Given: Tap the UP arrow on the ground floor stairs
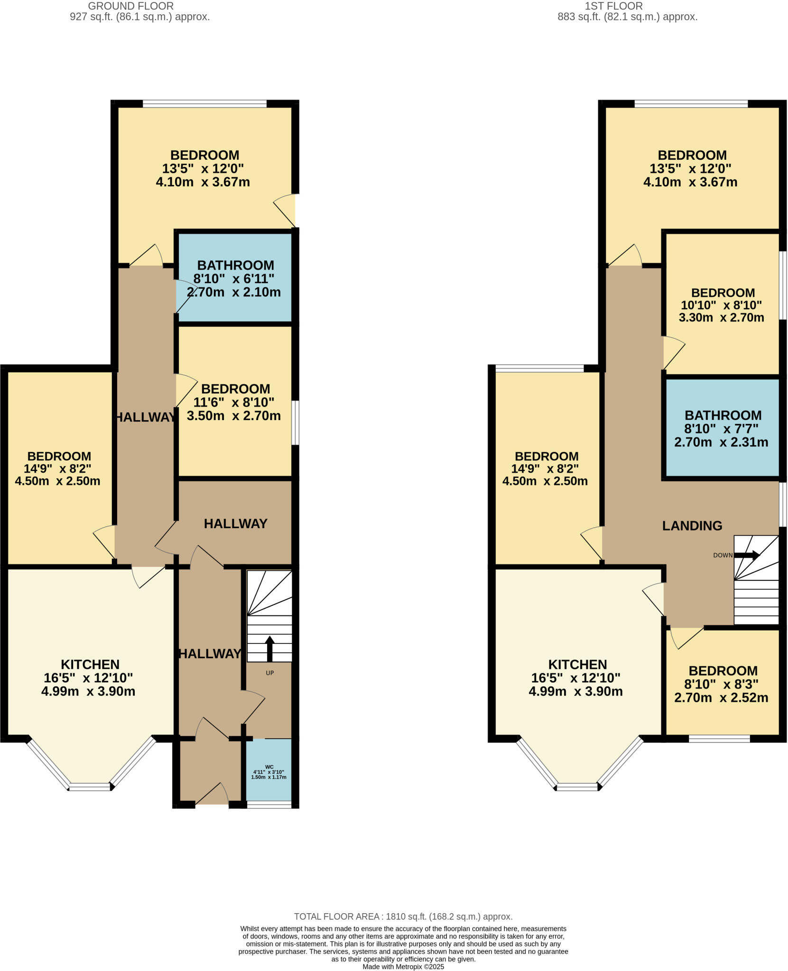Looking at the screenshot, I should click(x=269, y=649).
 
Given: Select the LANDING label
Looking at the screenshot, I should click(x=692, y=526).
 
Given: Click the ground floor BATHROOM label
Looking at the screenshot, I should click(x=235, y=265).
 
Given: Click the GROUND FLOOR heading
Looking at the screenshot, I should click(x=131, y=6).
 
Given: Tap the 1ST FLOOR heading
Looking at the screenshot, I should click(x=613, y=6).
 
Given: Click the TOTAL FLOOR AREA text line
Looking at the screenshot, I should click(x=403, y=916).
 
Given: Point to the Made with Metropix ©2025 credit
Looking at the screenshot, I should click(x=403, y=966).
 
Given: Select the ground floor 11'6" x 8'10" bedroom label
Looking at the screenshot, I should click(x=234, y=402).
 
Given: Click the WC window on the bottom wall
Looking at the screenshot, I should click(x=269, y=805).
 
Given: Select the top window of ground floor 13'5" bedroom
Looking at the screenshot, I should click(x=204, y=103).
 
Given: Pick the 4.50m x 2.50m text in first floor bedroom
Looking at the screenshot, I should click(x=545, y=481).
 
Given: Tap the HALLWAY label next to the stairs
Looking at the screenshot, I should click(x=209, y=654).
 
